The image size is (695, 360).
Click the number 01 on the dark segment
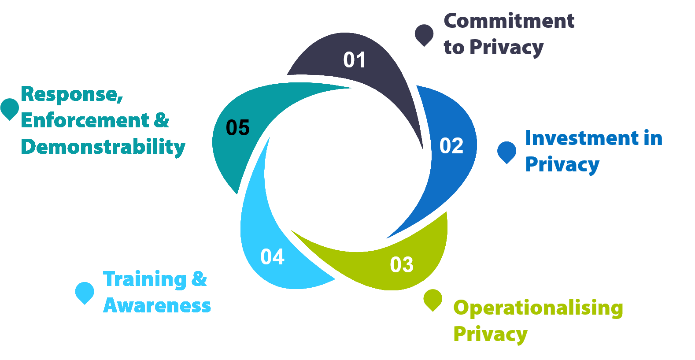coord(355,60)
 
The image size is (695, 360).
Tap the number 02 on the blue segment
coord(451,146)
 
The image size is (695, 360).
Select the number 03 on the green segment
coord(402,264)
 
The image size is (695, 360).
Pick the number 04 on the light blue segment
coord(272,257)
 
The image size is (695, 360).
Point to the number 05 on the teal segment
coord(238,128)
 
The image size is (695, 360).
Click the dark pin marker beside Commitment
coord(424,34)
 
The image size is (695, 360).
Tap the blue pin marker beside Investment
coord(506,152)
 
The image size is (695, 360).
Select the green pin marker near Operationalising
coord(433,299)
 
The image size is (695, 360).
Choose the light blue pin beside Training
coord(85,292)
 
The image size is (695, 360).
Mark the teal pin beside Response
coord(9,108)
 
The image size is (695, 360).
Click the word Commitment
coord(509,21)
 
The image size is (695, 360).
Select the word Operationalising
coord(538,308)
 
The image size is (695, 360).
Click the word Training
coord(145,280)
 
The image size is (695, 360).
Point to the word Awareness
coord(157,306)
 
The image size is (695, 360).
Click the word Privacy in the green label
coord(490,334)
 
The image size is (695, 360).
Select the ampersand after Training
coord(199,279)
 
